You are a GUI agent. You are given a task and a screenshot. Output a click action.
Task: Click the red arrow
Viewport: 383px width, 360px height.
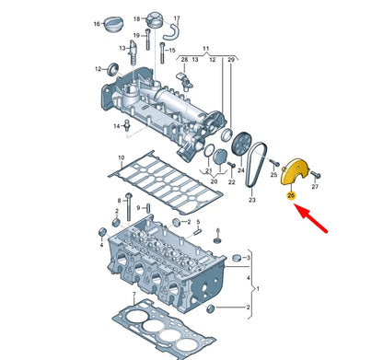310,217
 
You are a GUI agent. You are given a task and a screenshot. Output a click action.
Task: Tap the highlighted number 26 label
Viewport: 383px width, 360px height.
291,195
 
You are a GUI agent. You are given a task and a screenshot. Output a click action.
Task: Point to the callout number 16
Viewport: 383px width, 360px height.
97,24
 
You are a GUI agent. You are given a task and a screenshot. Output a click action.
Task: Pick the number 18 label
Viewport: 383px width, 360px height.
137,19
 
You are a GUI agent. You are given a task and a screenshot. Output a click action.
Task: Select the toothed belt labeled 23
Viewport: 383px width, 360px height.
256,166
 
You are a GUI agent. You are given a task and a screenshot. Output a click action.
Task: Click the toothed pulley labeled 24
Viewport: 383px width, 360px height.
241,144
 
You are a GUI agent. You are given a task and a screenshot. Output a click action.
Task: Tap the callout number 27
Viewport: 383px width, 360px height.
315,186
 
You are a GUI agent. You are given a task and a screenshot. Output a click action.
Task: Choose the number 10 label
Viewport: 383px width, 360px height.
122,157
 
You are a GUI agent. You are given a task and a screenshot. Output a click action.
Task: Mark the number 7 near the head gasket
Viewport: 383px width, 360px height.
134,295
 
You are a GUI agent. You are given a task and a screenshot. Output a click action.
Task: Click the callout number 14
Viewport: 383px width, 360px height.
117,126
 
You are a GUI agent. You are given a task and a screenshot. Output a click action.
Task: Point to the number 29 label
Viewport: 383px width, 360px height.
231,60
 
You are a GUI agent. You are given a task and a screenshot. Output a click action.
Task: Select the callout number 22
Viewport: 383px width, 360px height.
232,182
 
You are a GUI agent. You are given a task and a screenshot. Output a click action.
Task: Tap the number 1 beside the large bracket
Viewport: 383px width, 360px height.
258,289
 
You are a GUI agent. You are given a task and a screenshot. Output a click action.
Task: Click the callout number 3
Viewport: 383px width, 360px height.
249,258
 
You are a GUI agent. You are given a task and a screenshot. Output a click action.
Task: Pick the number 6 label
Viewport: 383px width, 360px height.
218,230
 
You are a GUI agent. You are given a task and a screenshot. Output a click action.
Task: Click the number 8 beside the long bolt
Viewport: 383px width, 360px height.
120,201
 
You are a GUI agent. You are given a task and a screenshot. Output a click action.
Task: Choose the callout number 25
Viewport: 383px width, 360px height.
273,175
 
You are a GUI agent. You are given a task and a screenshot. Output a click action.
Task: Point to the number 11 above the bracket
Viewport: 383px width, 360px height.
206,49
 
